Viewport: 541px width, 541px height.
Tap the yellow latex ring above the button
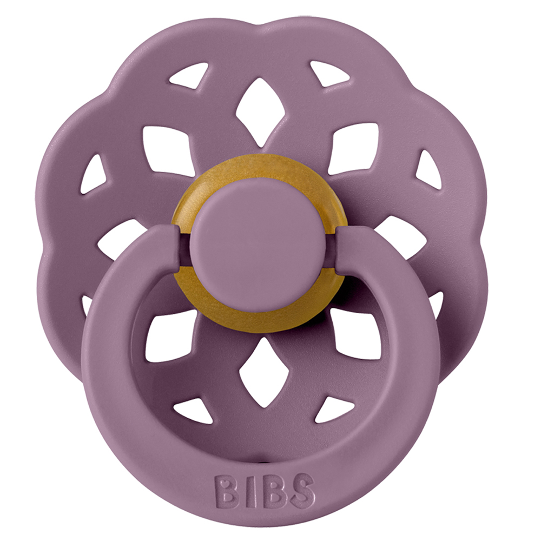coord(255,169)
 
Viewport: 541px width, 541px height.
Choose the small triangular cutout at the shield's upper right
coord(328,73)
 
